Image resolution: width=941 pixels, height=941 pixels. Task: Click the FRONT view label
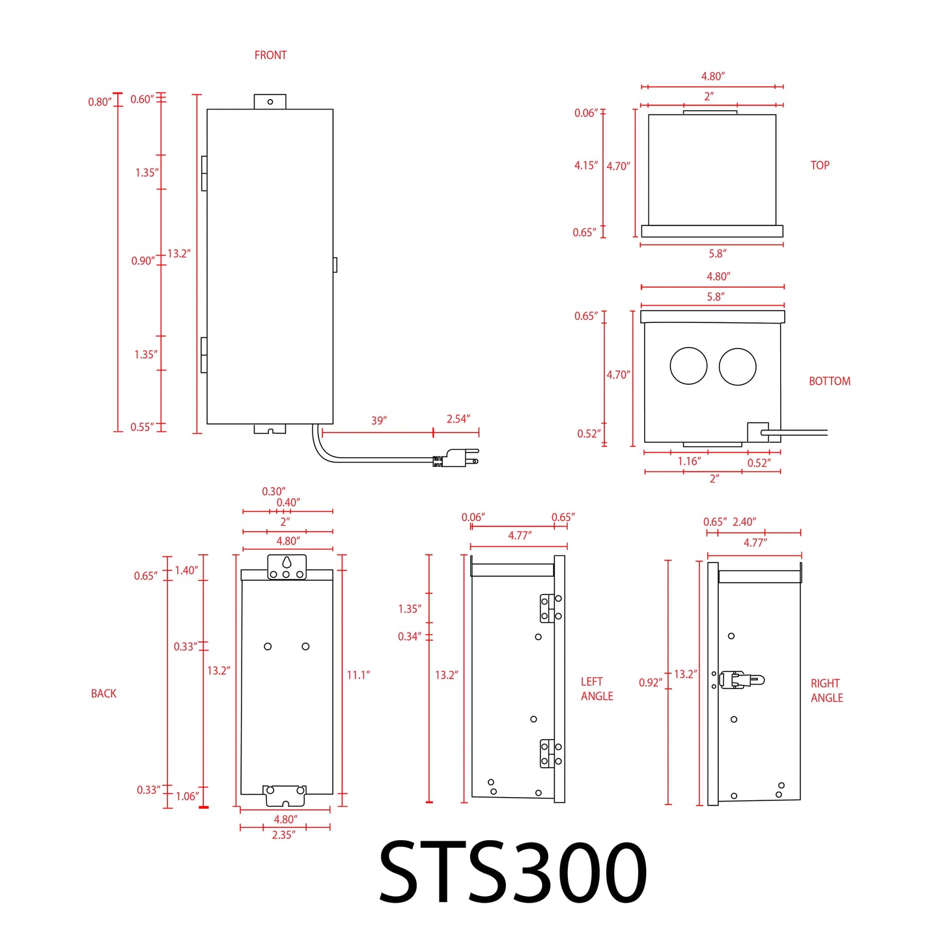point(270,55)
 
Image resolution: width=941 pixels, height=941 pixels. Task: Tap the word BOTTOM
point(829,381)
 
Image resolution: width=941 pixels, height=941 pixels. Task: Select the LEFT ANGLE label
point(597,689)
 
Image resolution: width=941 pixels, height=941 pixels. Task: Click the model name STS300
point(513,872)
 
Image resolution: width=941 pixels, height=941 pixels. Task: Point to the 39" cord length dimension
point(378,421)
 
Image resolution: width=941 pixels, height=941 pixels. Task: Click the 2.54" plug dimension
point(458,419)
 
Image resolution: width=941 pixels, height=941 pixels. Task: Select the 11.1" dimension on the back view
point(358,675)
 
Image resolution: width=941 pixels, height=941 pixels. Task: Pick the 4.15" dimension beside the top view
point(585,165)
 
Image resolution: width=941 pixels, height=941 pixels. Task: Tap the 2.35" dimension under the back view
point(283,835)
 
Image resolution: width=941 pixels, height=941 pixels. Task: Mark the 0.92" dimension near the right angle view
point(650,682)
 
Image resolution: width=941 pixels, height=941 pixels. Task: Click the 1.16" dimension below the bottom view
point(689,462)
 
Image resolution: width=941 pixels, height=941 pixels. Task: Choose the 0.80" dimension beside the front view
point(100,102)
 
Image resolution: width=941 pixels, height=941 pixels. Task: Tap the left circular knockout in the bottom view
point(688,366)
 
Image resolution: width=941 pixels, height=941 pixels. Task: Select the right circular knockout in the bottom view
point(737,366)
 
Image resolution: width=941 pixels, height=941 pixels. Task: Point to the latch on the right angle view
point(741,680)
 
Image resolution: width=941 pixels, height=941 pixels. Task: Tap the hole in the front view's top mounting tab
point(270,102)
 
